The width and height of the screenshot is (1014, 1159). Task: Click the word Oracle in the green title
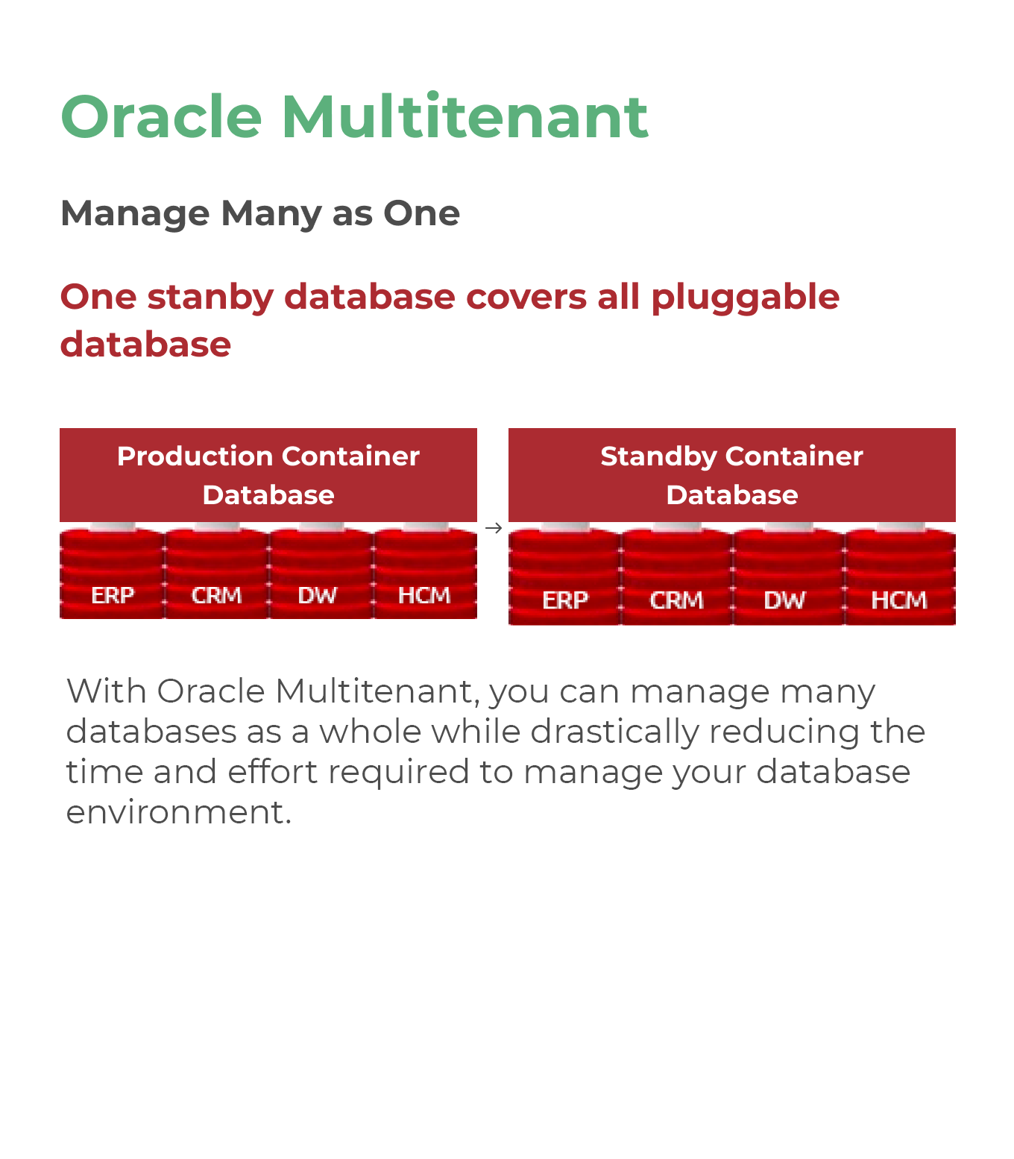[x=161, y=116]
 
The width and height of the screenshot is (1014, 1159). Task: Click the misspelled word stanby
[x=210, y=298]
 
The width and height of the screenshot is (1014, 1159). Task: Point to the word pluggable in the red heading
[x=745, y=298]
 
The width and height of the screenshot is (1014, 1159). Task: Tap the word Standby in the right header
[x=658, y=457]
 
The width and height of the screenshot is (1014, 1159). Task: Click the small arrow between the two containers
[x=493, y=528]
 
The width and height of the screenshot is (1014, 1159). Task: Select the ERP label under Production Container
[x=113, y=595]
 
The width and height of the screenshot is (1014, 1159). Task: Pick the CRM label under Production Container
[x=216, y=595]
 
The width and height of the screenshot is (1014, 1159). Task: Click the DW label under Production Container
[x=317, y=595]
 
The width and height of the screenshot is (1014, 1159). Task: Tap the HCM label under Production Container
[x=424, y=595]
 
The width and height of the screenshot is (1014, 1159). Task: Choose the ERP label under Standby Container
[x=565, y=600]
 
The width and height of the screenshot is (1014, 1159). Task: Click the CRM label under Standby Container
[x=676, y=600]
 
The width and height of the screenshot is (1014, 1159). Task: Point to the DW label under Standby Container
[x=784, y=600]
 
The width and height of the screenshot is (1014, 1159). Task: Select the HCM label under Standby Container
[x=899, y=600]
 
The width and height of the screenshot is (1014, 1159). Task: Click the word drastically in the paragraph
[x=615, y=732]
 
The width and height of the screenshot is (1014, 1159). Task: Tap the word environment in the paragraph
[x=178, y=812]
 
